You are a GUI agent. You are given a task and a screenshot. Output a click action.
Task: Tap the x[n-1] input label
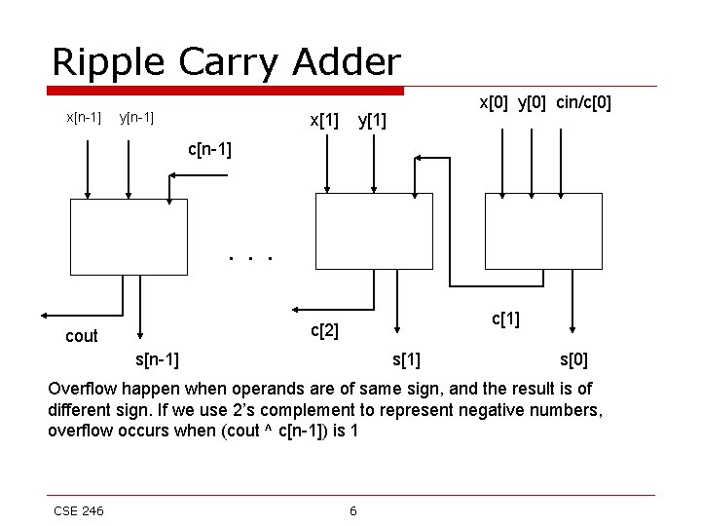point(83,118)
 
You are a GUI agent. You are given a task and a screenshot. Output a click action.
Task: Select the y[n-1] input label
point(136,119)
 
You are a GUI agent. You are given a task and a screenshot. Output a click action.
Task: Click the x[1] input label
point(324,121)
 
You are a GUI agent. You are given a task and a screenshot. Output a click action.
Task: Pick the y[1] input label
point(372,121)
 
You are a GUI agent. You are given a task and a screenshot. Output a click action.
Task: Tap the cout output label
point(81,336)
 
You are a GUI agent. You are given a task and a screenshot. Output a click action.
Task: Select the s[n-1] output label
point(156,360)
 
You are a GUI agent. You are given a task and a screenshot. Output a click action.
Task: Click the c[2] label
point(324,331)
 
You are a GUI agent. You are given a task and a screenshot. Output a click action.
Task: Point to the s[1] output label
point(406,360)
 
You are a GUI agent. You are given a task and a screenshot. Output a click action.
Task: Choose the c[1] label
point(505,319)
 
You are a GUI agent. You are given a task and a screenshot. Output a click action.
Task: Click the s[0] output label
point(572,360)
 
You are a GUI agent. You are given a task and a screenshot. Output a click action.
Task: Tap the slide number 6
point(352,510)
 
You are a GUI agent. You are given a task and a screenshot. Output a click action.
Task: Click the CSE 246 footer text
point(79,510)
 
